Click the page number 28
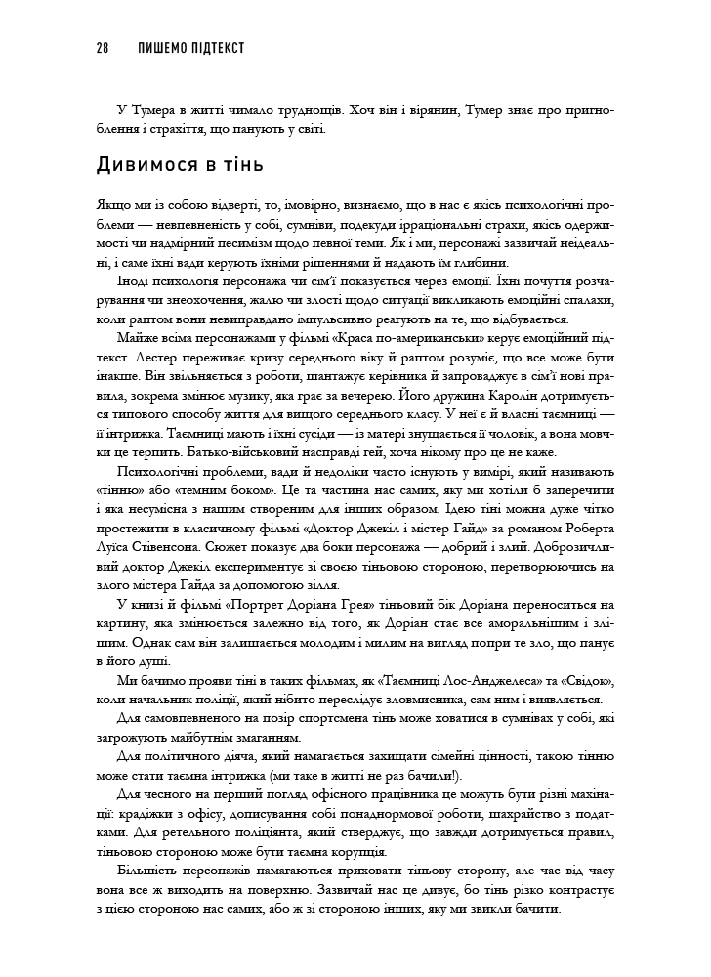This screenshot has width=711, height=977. tap(104, 47)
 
